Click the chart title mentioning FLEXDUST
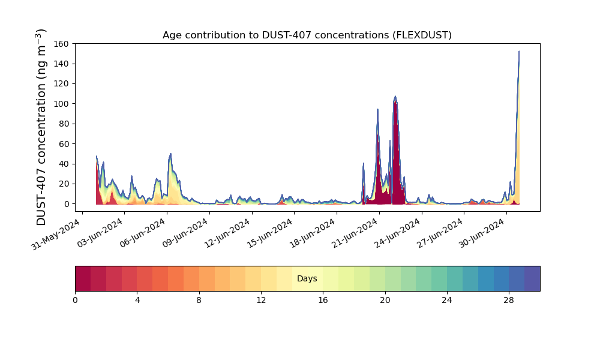pyautogui.click(x=307, y=35)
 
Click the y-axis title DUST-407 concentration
pyautogui.click(x=41, y=127)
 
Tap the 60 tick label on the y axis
pyautogui.click(x=65, y=144)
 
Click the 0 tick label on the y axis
pyautogui.click(x=67, y=204)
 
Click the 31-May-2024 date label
pyautogui.click(x=55, y=234)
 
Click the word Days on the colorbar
pyautogui.click(x=307, y=278)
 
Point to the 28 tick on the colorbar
pyautogui.click(x=509, y=301)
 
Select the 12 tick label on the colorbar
pyautogui.click(x=261, y=301)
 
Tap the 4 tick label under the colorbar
pyautogui.click(x=137, y=301)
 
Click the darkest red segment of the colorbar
pyautogui.click(x=83, y=278)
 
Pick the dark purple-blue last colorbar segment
pyautogui.click(x=532, y=278)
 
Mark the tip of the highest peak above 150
pyautogui.click(x=519, y=51)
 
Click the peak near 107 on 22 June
pyautogui.click(x=395, y=97)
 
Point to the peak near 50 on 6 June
pyautogui.click(x=170, y=154)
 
